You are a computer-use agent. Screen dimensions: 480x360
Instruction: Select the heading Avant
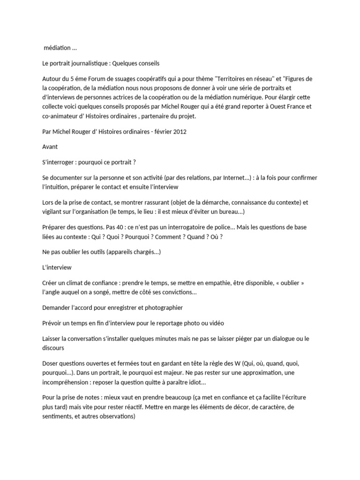50,147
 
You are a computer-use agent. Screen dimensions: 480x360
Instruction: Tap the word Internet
225,178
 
